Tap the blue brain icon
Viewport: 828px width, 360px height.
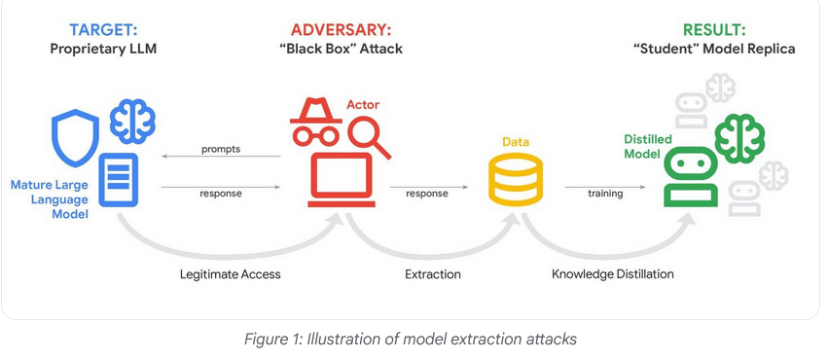[x=132, y=121]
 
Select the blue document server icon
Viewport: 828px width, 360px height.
[x=119, y=179]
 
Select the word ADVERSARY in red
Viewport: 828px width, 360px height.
[x=342, y=29]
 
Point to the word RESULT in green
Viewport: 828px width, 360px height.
[x=713, y=29]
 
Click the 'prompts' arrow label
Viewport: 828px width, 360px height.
[x=221, y=149]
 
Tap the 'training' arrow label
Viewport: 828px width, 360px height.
[x=605, y=194]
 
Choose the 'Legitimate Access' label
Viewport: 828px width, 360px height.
[x=231, y=274]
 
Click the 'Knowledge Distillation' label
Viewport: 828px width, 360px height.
[x=613, y=274]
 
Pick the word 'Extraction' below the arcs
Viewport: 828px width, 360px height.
[x=433, y=274]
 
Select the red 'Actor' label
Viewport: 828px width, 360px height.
[x=363, y=104]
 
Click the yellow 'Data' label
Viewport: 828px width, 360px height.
[x=516, y=142]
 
